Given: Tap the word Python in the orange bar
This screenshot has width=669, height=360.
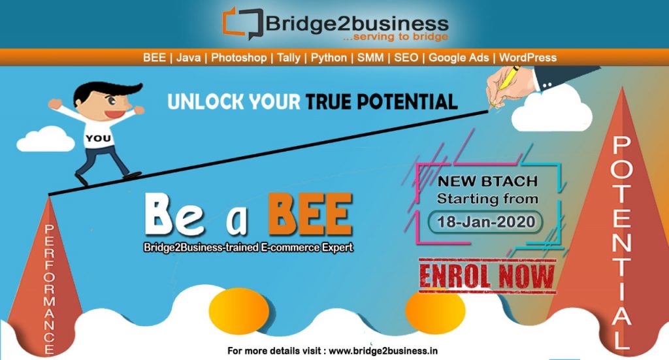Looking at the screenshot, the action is click(x=329, y=57).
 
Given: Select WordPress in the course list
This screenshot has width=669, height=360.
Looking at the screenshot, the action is click(x=528, y=57).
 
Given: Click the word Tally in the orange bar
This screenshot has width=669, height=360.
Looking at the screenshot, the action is click(x=288, y=57).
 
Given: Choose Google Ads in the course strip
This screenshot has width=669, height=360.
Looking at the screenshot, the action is click(x=459, y=57).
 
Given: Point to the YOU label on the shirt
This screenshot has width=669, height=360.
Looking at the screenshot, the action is click(x=98, y=139).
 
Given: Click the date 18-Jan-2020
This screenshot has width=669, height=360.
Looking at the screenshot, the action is click(x=486, y=221).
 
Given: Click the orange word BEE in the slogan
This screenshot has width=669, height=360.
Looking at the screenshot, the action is click(x=310, y=214).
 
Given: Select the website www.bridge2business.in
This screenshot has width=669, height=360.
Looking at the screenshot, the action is click(x=383, y=351).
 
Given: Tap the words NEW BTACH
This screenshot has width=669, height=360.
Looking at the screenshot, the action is click(x=487, y=181).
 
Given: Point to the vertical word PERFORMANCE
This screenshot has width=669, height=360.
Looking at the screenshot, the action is click(x=50, y=289).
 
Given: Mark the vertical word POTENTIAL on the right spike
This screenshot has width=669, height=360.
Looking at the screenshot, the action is click(x=621, y=242).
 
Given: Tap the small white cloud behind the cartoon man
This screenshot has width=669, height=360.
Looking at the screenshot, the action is click(x=46, y=139).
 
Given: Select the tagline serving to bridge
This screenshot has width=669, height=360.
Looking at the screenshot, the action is click(x=395, y=37).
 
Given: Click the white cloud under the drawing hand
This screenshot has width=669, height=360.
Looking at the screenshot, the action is click(x=551, y=111).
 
